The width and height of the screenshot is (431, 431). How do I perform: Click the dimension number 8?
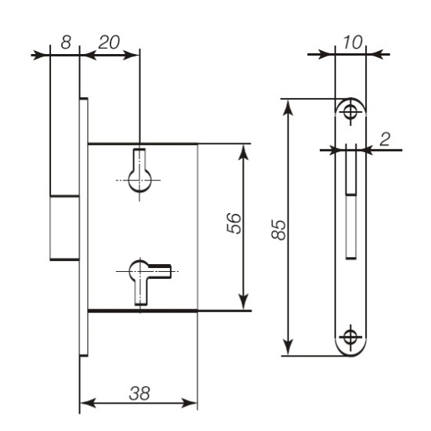(66, 42)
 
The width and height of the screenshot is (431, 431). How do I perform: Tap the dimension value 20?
(109, 42)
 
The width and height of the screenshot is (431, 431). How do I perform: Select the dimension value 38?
(139, 393)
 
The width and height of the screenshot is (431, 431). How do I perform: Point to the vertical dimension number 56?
(234, 223)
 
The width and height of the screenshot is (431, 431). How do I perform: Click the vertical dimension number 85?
(279, 230)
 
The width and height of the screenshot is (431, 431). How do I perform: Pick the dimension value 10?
(353, 42)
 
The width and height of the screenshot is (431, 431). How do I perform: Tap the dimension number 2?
(385, 139)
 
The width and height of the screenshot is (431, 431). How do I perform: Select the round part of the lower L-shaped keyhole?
(139, 271)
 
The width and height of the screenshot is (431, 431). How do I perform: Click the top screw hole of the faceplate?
(350, 112)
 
